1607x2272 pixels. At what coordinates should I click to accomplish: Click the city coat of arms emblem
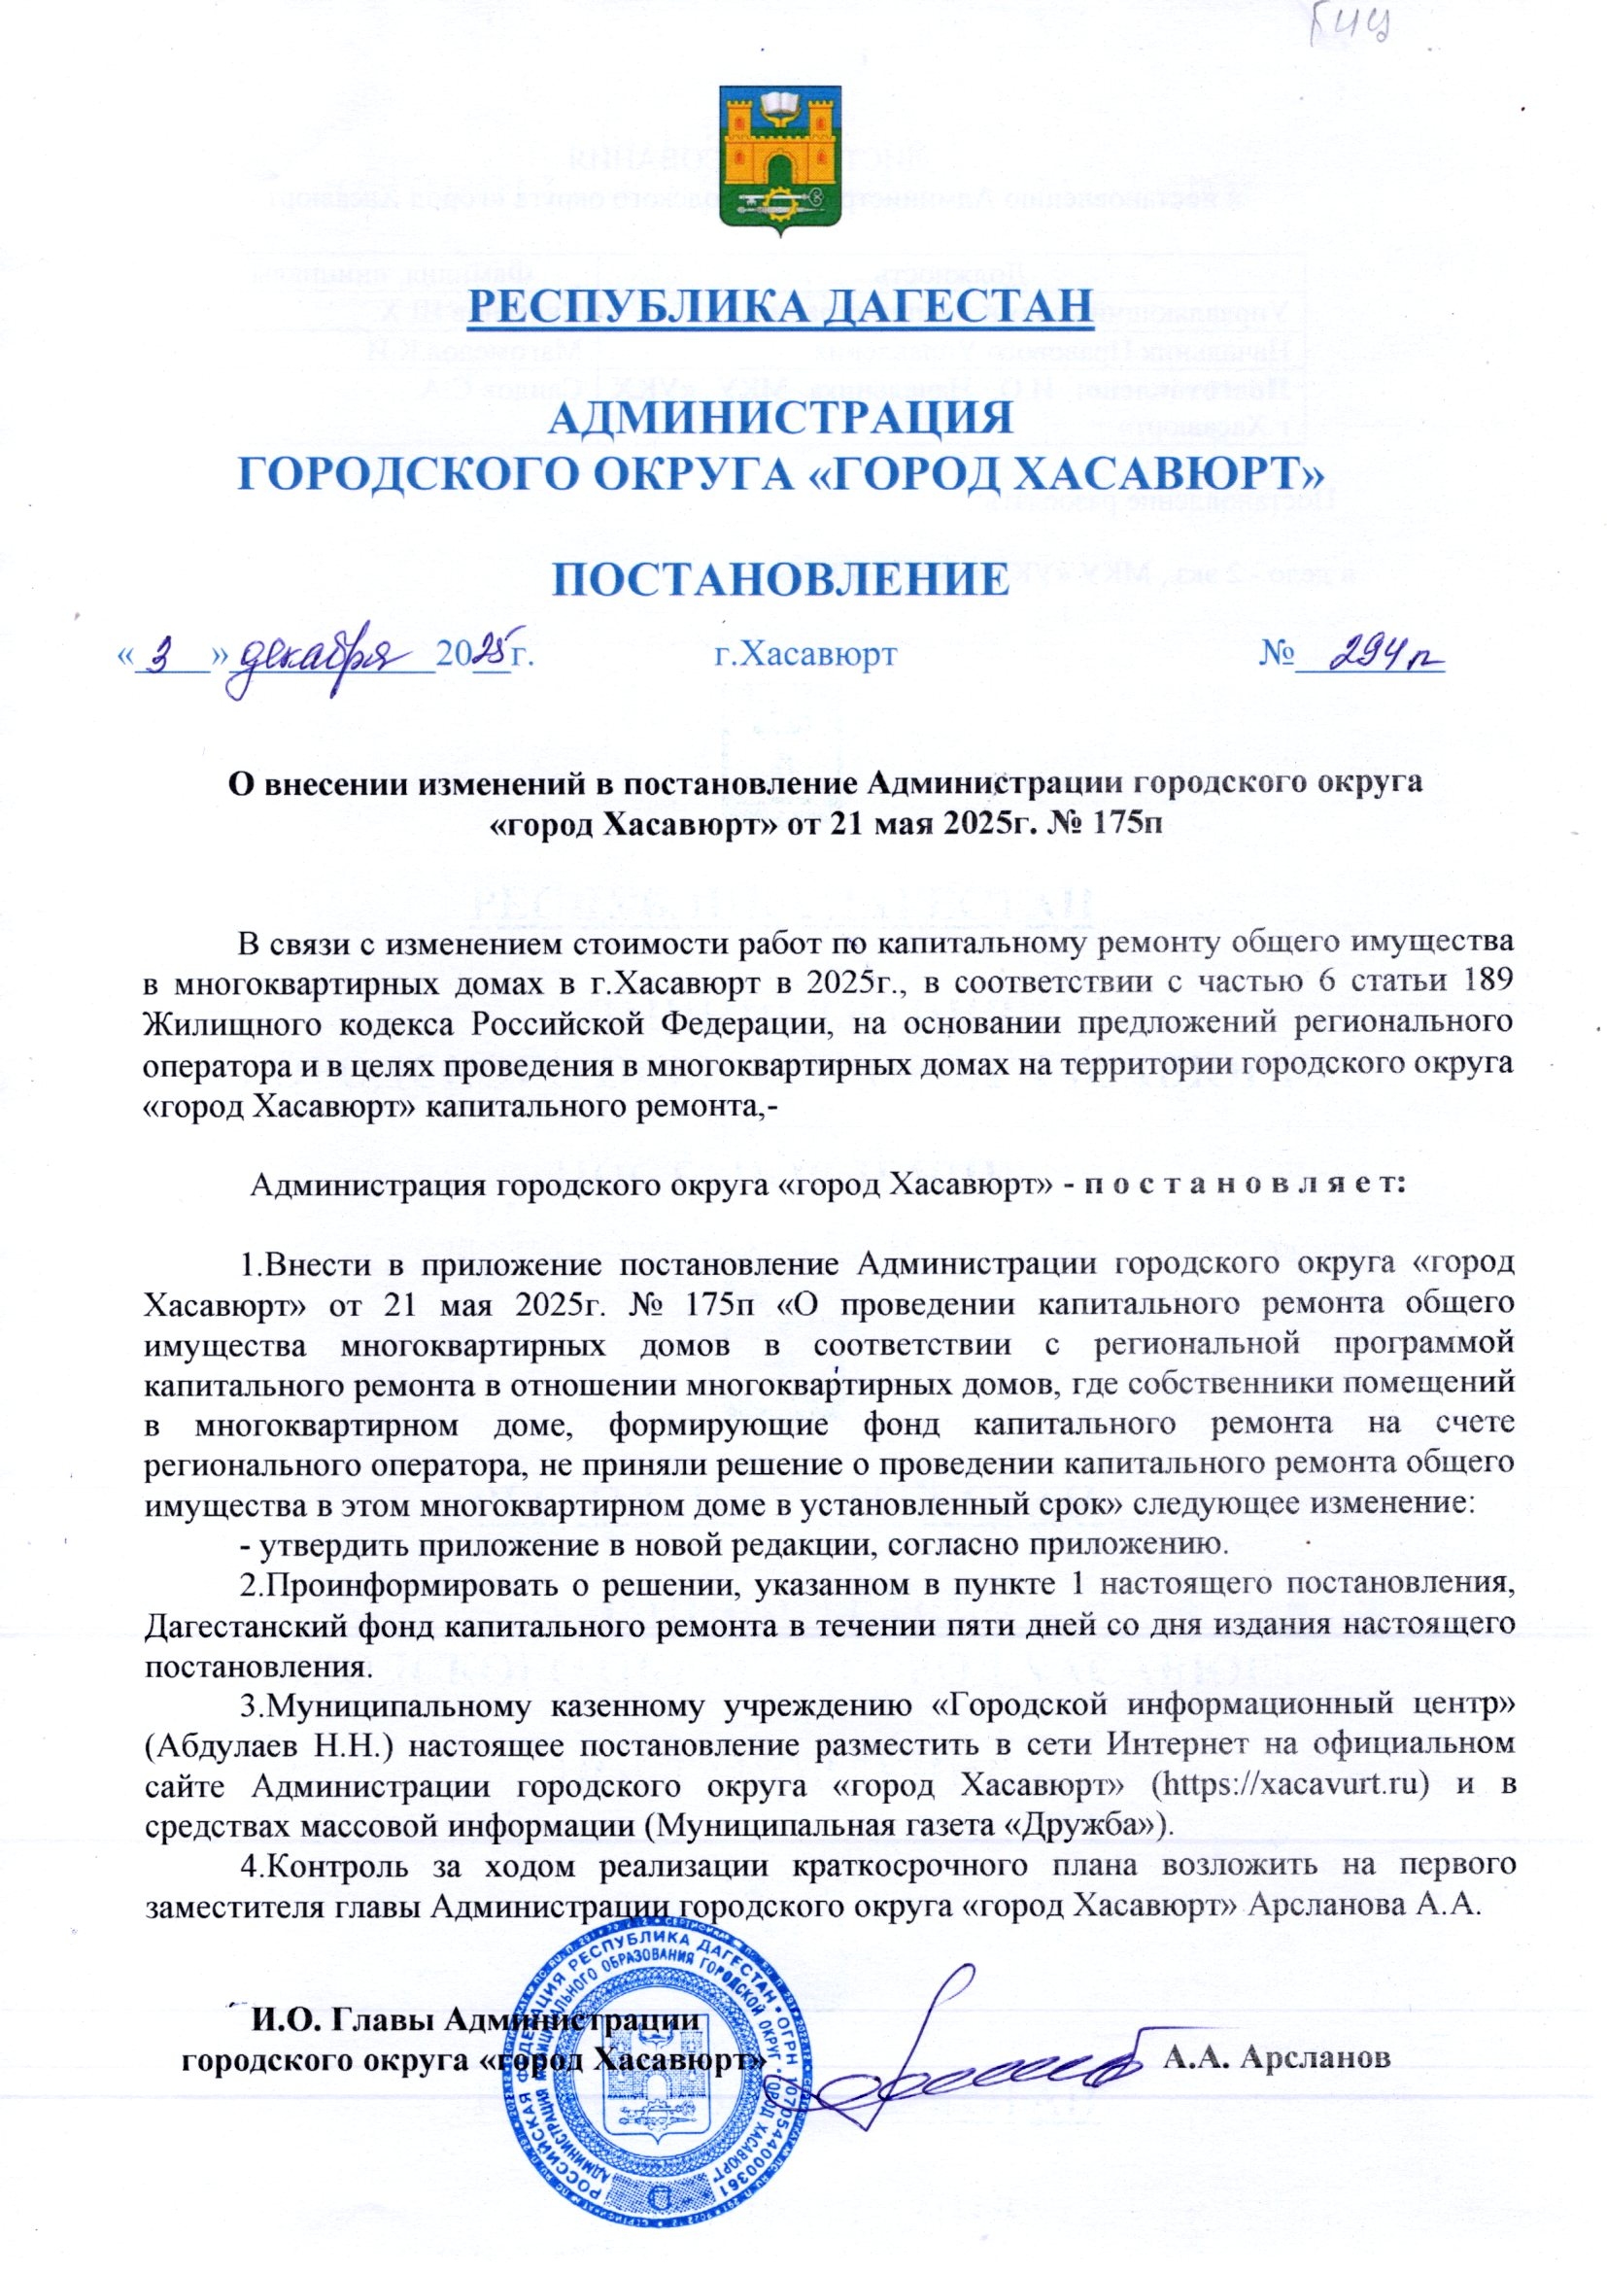point(777,160)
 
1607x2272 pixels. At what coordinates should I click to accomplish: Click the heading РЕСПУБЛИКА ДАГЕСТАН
point(779,306)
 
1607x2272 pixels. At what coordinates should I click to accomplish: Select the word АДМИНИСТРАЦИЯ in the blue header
point(779,418)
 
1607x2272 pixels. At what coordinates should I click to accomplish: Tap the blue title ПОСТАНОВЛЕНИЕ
point(779,579)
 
